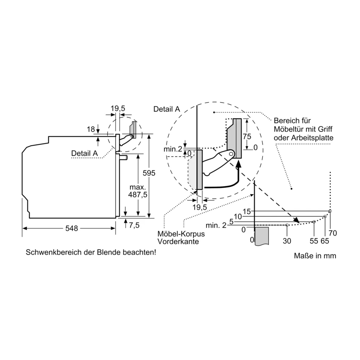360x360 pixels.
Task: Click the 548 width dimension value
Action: (72, 228)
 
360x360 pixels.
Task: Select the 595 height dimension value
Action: (149, 173)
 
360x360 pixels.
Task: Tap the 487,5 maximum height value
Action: (138, 194)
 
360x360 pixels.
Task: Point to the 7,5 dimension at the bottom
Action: (134, 225)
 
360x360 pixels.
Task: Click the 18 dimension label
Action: (91, 129)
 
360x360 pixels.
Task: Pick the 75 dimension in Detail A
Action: (247, 136)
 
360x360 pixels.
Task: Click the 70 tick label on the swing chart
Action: (332, 233)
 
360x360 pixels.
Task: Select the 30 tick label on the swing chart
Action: (287, 241)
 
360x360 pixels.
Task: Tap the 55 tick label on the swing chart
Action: (314, 241)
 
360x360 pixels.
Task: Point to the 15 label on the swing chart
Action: (247, 211)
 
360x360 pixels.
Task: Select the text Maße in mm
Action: (315, 256)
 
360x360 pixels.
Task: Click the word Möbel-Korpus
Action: (181, 234)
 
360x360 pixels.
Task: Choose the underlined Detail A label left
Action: (85, 153)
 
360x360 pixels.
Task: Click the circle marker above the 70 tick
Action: (330, 211)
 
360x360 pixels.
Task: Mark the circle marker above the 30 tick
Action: (287, 225)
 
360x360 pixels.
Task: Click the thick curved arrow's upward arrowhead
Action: (239, 164)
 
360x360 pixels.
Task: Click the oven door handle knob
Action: (124, 158)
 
